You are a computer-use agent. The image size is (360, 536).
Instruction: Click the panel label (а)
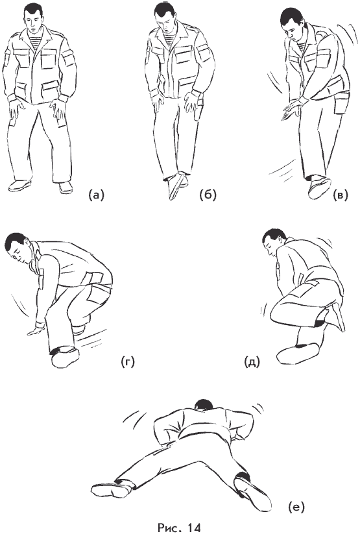pos(95,195)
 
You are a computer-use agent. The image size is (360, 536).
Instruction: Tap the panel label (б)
pos(208,195)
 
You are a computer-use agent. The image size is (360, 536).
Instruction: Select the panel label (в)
pos(340,195)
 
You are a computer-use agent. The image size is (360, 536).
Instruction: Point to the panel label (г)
pos(128,361)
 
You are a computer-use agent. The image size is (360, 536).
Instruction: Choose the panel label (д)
pos(252,361)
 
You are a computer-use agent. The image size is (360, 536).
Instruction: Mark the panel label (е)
pos(296,507)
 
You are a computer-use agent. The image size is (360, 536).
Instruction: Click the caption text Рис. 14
pos(179,527)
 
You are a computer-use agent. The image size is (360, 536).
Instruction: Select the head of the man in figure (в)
pos(291,23)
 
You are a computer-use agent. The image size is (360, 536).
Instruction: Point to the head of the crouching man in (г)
pos(17,248)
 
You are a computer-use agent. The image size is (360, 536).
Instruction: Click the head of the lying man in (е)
pos(204,404)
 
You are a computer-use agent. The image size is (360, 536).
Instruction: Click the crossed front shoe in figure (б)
pos(176,186)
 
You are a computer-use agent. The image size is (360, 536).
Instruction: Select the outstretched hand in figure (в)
pos(291,110)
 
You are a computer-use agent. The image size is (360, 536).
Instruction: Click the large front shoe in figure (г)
pos(65,356)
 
